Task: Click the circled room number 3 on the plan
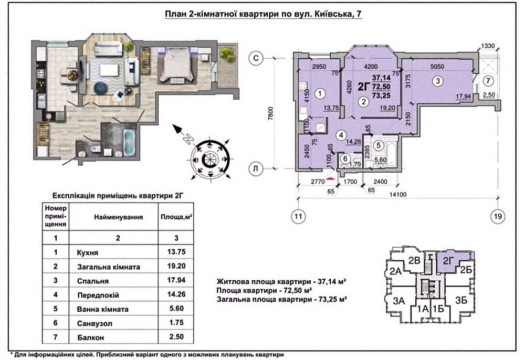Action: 437,81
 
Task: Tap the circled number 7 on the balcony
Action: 488,81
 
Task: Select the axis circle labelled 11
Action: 298,216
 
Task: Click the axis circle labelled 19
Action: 498,216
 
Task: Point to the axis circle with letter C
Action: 256,58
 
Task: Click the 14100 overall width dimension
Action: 397,194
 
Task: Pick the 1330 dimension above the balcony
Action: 488,46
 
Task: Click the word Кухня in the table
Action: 88,252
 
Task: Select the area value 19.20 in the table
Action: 176,266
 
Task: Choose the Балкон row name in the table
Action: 90,337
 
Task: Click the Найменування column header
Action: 118,217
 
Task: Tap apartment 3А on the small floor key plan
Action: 399,301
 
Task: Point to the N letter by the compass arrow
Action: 189,138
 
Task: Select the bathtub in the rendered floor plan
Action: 129,142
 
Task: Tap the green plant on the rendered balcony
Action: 227,54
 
